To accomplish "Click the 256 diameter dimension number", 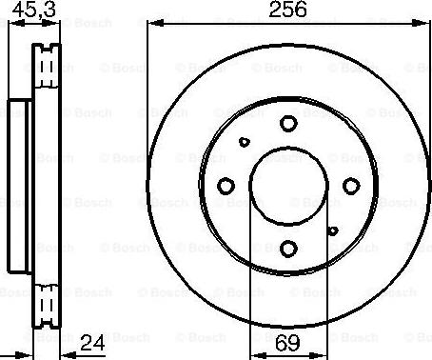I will [x=287, y=10].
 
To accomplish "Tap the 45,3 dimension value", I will [x=31, y=10].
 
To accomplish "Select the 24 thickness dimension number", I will [x=91, y=340].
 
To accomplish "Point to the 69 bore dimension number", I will [x=287, y=340].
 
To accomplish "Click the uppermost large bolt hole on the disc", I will [x=288, y=122].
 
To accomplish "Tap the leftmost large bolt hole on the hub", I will [x=226, y=185].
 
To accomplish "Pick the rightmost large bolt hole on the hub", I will [x=351, y=185].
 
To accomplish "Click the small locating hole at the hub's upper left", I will [x=244, y=141].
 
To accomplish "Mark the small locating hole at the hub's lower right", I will [x=332, y=230].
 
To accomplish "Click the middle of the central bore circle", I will [x=288, y=185].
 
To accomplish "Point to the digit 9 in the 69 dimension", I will [x=295, y=340].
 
